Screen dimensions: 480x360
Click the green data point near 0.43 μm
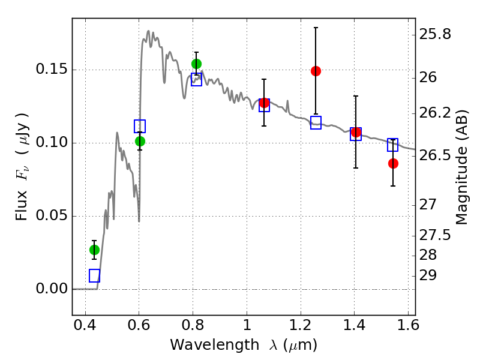(x=94, y=250)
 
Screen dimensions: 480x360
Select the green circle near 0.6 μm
(x=140, y=142)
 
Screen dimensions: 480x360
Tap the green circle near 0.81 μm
(x=197, y=64)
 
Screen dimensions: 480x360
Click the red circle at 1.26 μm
(x=316, y=71)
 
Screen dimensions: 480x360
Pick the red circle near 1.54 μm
(x=393, y=164)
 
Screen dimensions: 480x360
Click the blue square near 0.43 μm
(x=95, y=276)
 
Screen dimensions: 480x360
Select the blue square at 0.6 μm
(x=140, y=127)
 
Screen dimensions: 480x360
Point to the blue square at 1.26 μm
(x=316, y=123)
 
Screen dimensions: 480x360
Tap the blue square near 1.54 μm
(x=393, y=145)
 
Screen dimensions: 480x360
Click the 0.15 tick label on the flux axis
(x=51, y=69)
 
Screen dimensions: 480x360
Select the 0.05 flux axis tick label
(x=51, y=215)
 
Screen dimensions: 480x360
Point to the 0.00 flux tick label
(x=51, y=289)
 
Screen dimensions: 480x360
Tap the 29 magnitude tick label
(x=428, y=275)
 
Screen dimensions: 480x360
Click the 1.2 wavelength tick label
(x=301, y=325)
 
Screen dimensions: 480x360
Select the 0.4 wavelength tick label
(x=85, y=325)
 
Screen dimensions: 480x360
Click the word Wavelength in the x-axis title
(x=215, y=345)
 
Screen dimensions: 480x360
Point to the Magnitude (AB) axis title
(x=461, y=167)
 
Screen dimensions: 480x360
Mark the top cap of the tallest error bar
(x=316, y=28)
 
